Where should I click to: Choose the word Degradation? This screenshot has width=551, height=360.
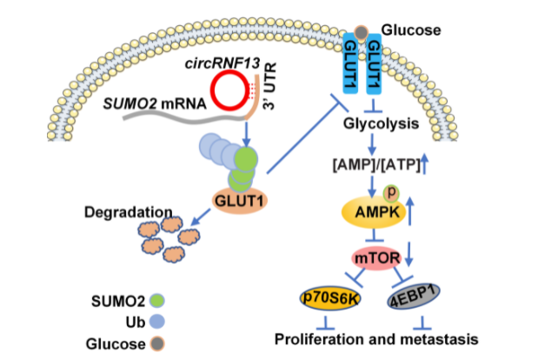pos(115,212)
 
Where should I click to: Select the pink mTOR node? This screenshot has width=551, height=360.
pos(375,258)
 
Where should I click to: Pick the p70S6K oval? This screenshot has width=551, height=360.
pos(329,298)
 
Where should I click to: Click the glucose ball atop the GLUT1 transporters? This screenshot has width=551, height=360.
pos(361,32)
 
